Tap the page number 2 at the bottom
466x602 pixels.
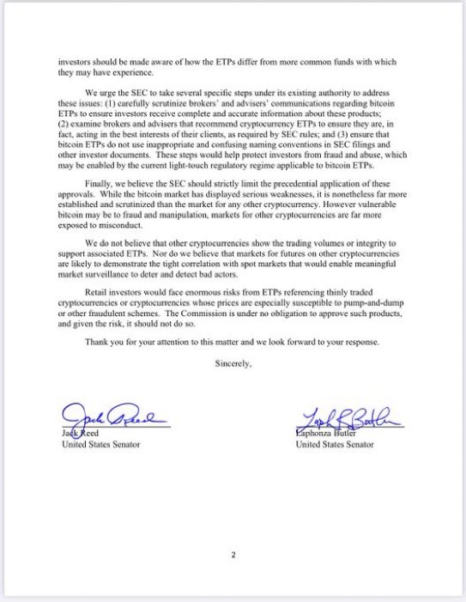coord(233,555)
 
